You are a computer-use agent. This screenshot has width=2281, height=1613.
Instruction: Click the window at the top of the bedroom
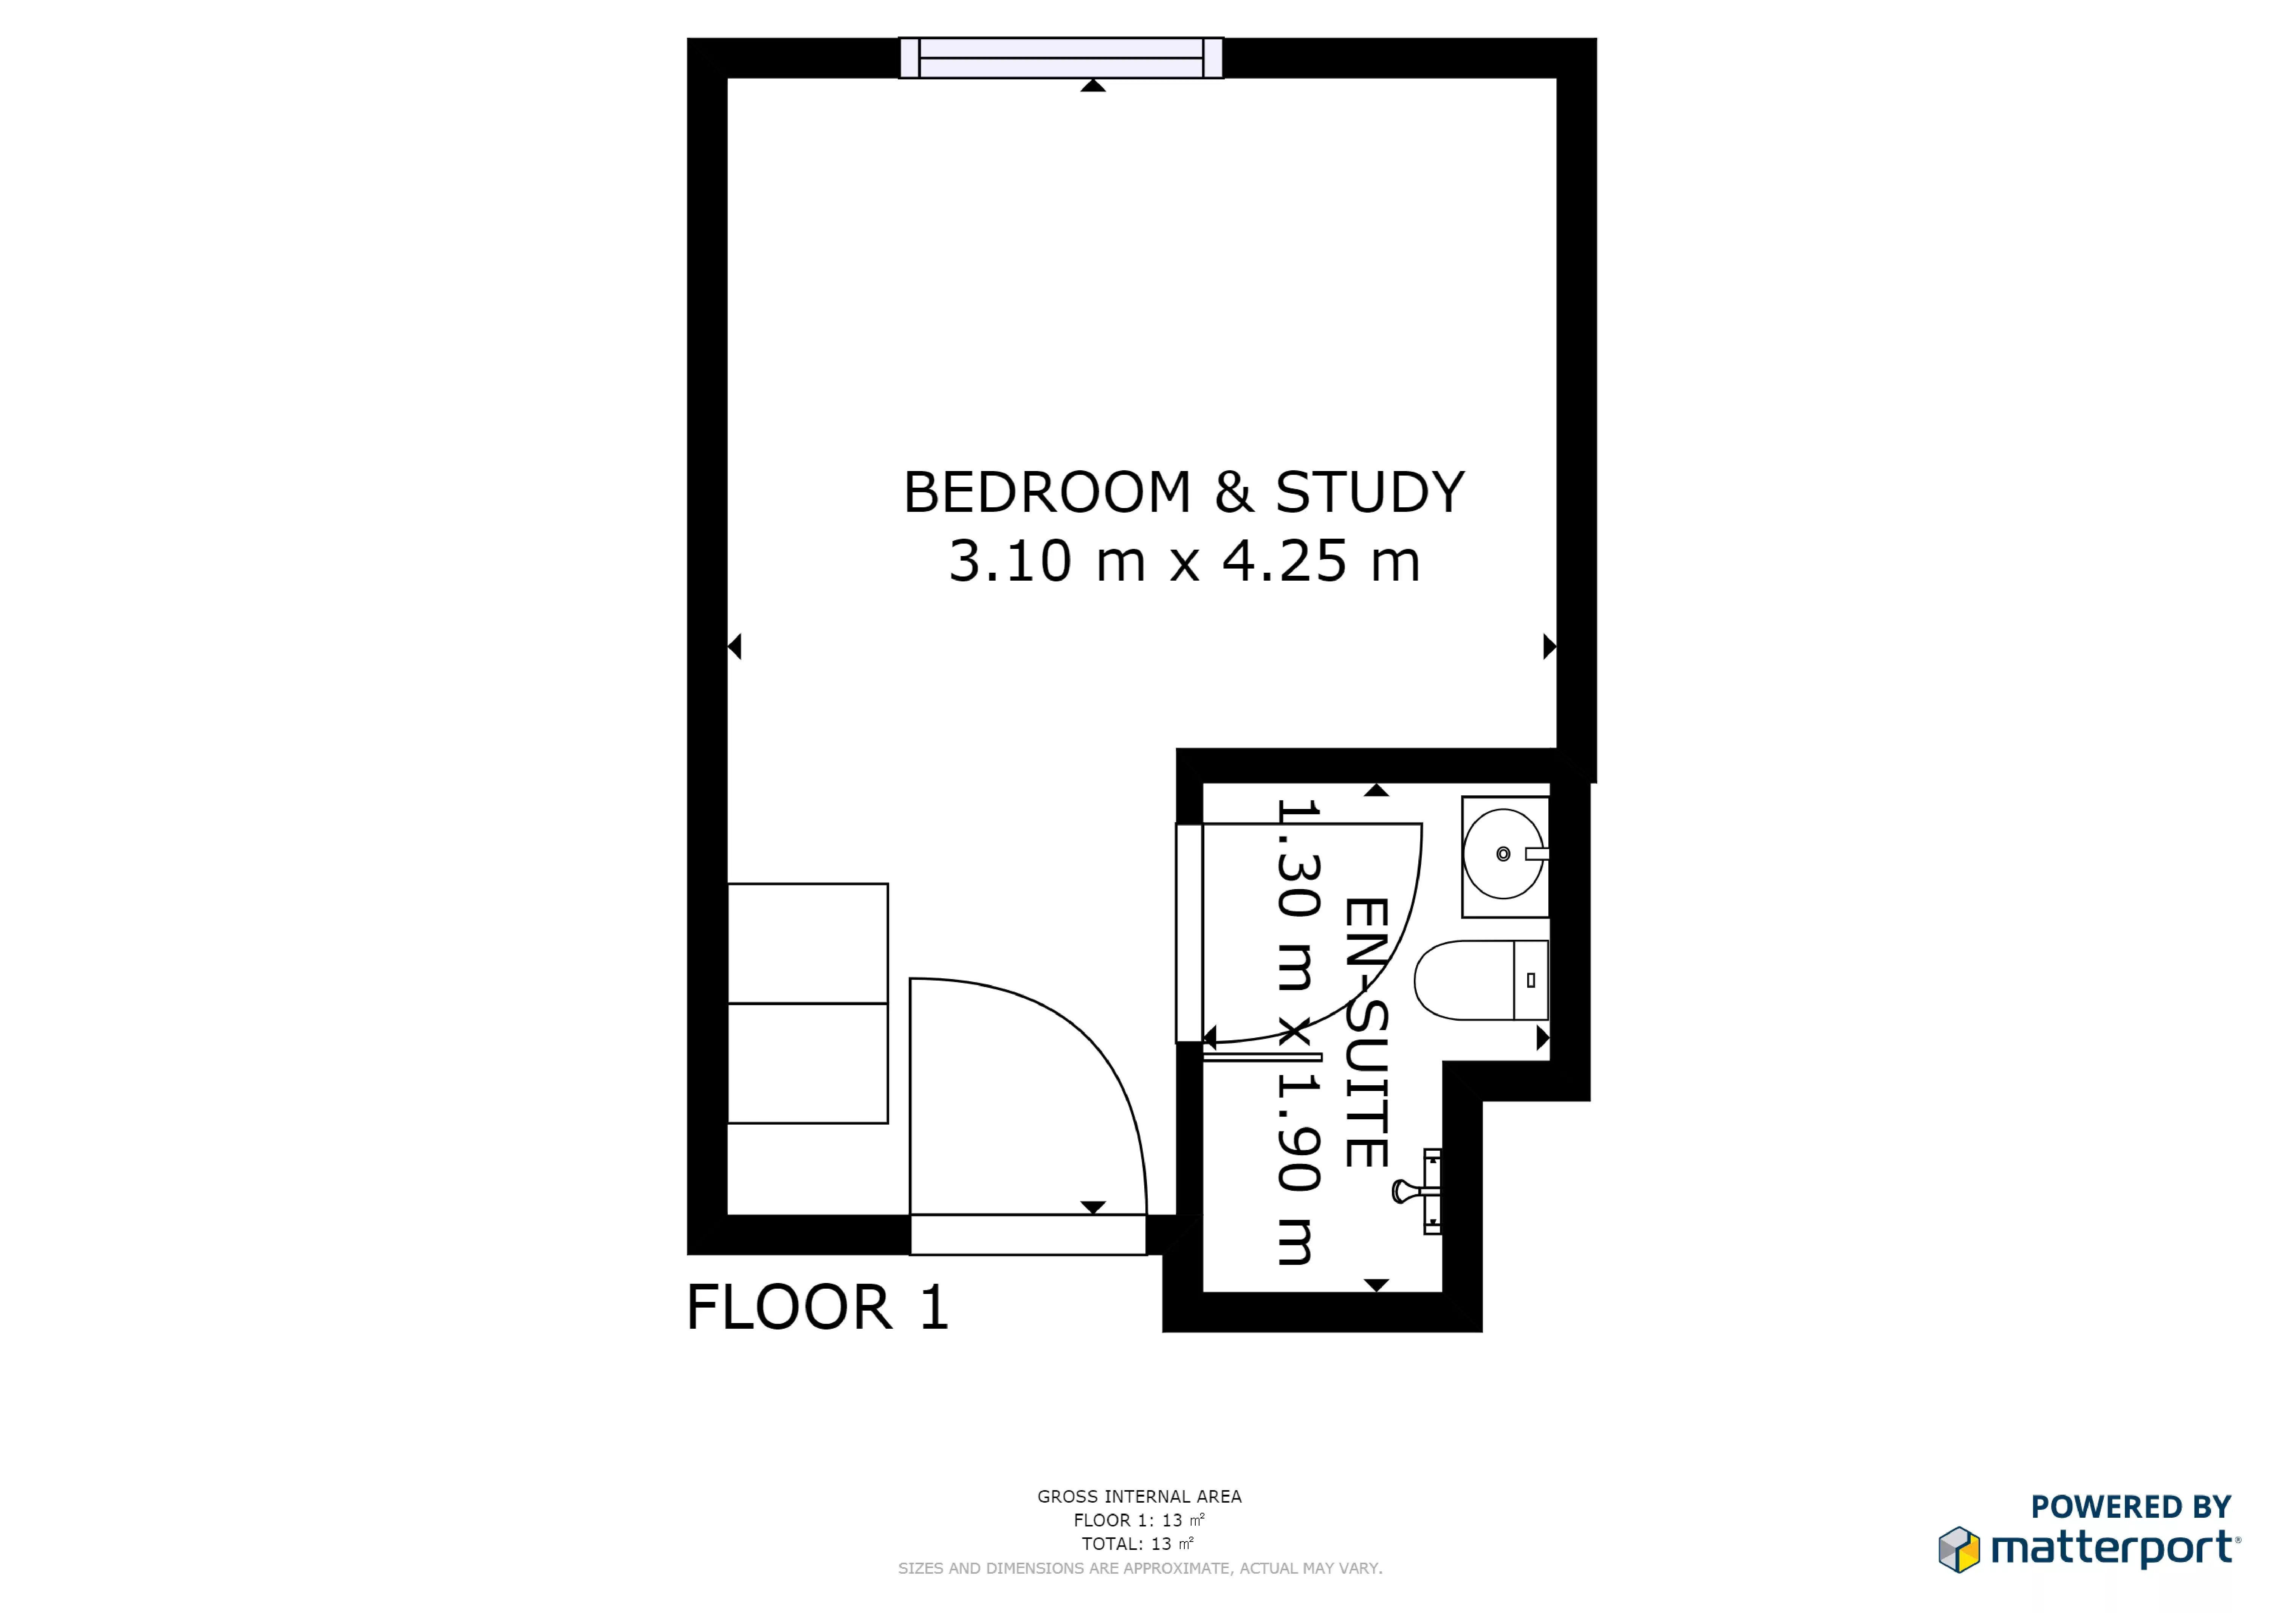point(1061,57)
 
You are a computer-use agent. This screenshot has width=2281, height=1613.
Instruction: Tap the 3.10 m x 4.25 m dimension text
point(1184,561)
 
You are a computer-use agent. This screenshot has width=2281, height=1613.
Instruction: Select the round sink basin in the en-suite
point(1503,854)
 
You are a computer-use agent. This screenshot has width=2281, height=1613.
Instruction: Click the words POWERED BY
point(2130,1507)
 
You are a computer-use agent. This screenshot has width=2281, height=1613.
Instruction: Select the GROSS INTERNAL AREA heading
point(1139,1497)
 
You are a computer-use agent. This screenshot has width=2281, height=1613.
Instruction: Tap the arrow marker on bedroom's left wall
point(735,646)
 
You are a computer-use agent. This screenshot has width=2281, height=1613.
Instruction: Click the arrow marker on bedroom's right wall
point(1549,646)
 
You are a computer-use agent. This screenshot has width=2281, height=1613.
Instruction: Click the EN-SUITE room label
point(1366,1033)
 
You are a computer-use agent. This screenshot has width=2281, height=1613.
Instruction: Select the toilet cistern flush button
point(1531,980)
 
